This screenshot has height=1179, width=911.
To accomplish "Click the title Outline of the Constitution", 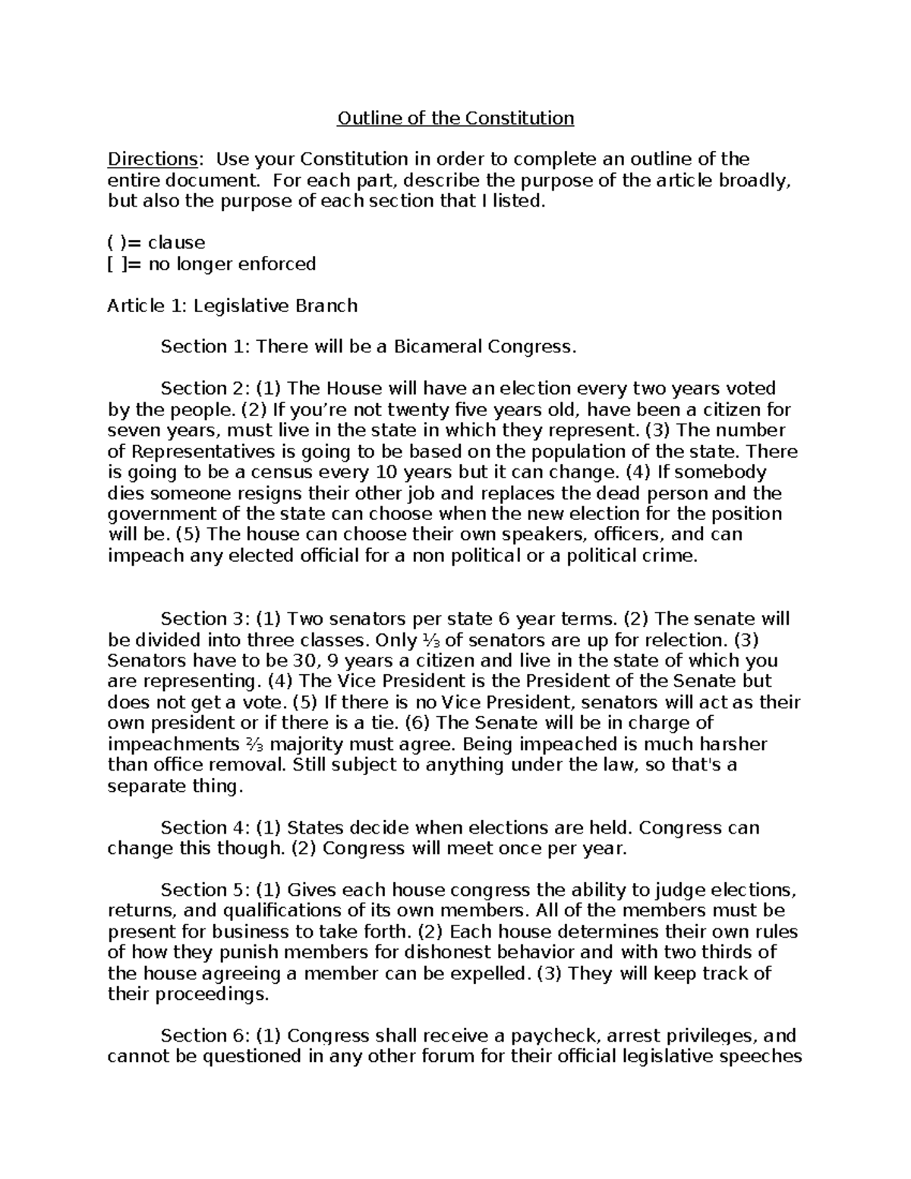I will click(x=455, y=118).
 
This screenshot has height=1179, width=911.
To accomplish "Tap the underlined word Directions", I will click(x=152, y=159).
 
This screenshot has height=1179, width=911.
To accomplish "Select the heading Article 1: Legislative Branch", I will click(x=232, y=306).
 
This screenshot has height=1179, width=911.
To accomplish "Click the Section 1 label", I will click(x=203, y=347).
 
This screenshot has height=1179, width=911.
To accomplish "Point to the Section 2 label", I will click(x=203, y=389).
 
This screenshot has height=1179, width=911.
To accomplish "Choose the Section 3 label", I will click(x=203, y=619).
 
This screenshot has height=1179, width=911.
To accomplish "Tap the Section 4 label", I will click(x=203, y=828).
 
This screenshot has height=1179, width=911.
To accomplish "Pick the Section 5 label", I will click(x=203, y=890).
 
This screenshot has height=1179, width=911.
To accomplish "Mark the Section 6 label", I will click(x=203, y=1036).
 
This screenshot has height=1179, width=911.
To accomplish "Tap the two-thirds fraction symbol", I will click(x=256, y=745).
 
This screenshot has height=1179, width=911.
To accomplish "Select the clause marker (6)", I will click(x=418, y=723).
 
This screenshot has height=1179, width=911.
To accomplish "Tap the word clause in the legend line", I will click(x=176, y=243).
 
